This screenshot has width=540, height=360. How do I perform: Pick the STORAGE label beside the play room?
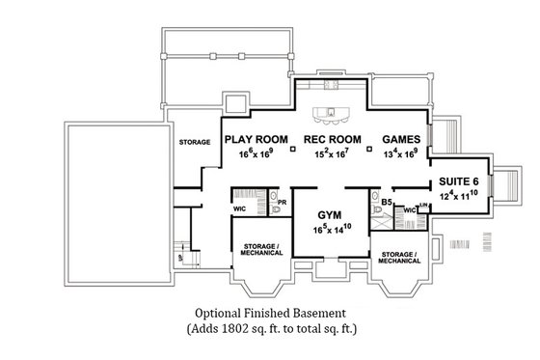pos(195,142)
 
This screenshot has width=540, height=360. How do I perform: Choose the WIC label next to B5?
pos(408,209)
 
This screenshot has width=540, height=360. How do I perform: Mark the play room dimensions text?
pos(257,152)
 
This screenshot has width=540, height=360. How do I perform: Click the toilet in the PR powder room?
pos(276,209)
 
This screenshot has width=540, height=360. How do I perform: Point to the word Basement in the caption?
pos(333,314)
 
